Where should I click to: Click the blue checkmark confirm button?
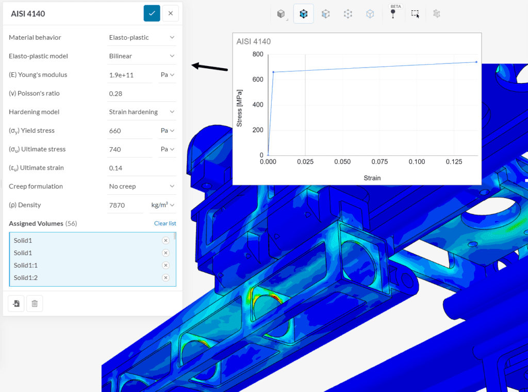pos(152,13)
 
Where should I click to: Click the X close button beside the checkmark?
pos(170,13)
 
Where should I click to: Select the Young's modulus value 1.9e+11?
pos(122,75)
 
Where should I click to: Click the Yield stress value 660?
pos(115,131)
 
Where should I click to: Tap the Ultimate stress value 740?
pos(115,149)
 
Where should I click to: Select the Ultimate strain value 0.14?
pos(115,168)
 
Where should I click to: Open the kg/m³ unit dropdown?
pos(162,205)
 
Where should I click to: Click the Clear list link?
pos(165,224)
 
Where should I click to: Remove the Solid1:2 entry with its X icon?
pos(166,278)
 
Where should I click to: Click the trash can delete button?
pos(35,303)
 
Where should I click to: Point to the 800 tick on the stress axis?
pos(257,54)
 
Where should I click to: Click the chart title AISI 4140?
pos(254,41)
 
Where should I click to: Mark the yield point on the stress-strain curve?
pos(273,72)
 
